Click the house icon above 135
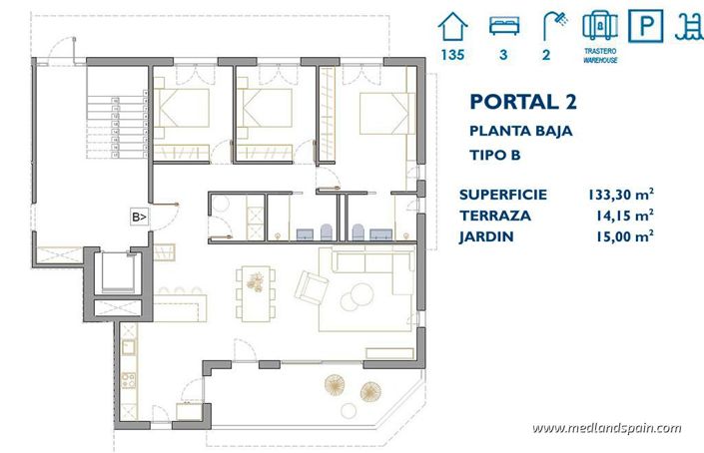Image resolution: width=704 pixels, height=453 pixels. point(452,23)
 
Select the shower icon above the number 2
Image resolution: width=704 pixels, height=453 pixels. point(546,23)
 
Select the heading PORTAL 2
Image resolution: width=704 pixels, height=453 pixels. point(521,101)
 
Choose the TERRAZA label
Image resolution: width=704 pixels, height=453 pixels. point(495,215)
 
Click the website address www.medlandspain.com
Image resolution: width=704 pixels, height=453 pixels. point(606,428)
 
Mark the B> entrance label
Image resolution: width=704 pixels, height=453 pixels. point(139,216)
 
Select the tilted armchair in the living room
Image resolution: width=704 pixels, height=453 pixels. point(311,290)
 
